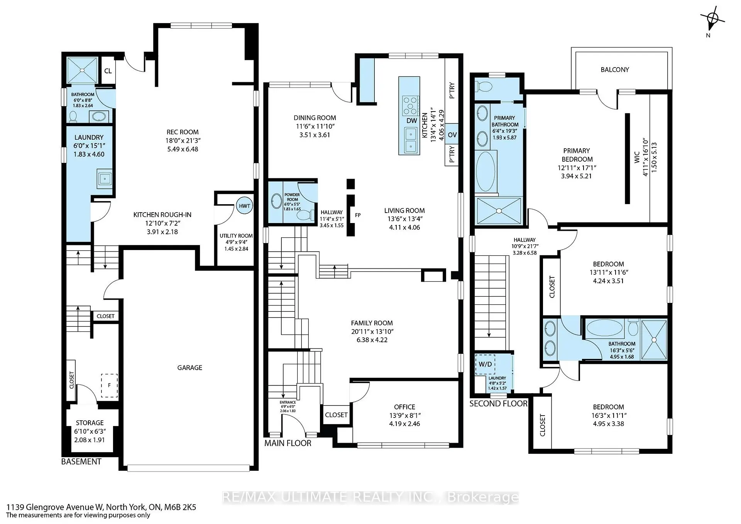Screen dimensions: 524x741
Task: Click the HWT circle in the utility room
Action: coord(244,206)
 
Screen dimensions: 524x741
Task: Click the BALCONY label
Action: coord(614,69)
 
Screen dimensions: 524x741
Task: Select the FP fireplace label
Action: coord(358,215)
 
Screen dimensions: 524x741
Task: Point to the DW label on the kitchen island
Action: coord(411,120)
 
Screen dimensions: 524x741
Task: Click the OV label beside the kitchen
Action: coord(452,135)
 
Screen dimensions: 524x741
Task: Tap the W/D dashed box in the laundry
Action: coord(485,364)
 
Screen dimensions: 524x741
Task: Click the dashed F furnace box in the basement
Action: coord(109,385)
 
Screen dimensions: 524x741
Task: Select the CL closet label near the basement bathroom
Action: coord(108,71)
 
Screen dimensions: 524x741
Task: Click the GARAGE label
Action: coord(189,367)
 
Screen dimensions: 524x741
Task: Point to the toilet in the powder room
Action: coord(307,215)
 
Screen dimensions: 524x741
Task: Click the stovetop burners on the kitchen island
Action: coord(410,105)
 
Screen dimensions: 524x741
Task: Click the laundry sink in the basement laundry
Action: coord(105,178)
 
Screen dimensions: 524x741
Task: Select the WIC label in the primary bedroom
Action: coord(637,157)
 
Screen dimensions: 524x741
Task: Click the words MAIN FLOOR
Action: coord(288,443)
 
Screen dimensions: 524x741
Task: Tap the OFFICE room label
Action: coord(404,407)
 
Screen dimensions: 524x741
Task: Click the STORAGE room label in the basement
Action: coord(90,423)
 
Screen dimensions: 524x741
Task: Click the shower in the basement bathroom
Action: coord(82,70)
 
